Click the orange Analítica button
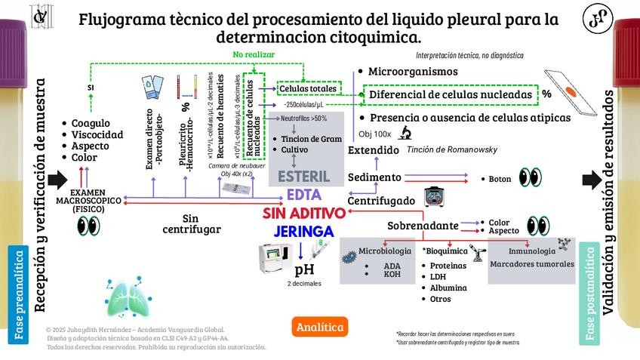coord(320,327)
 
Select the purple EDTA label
coord(304,195)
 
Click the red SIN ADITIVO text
coord(304,213)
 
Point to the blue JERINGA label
coord(304,231)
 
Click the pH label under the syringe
coord(304,269)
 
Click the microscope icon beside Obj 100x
coord(405,134)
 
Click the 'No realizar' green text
coord(254,54)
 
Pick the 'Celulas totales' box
coord(308,89)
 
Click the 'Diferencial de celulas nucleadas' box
coord(449,94)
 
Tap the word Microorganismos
coord(413,71)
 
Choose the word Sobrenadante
coord(423,226)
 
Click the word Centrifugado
coord(381,201)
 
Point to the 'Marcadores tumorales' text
coord(532,264)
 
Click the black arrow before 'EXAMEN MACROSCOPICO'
coord(57,180)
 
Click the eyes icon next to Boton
coord(530,178)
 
